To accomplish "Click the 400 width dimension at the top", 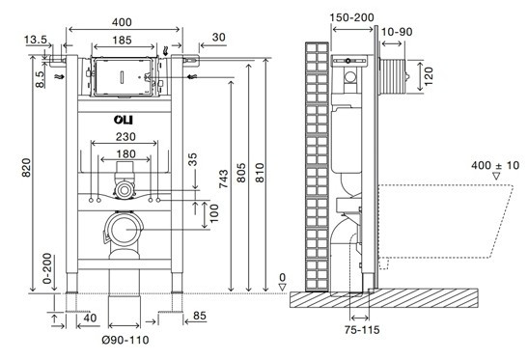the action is pos(122,22).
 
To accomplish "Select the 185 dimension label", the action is pos(122,41).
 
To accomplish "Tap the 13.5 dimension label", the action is pos(36,40).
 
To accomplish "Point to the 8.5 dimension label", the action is pos(40,79).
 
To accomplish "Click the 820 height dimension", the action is pos(26,167).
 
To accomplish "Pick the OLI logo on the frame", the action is pos(123,120).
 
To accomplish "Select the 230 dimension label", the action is pos(125,137).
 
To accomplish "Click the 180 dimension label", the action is pos(125,153).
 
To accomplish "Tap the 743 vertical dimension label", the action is pos(223,179).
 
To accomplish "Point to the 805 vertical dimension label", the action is pos(241,173).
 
